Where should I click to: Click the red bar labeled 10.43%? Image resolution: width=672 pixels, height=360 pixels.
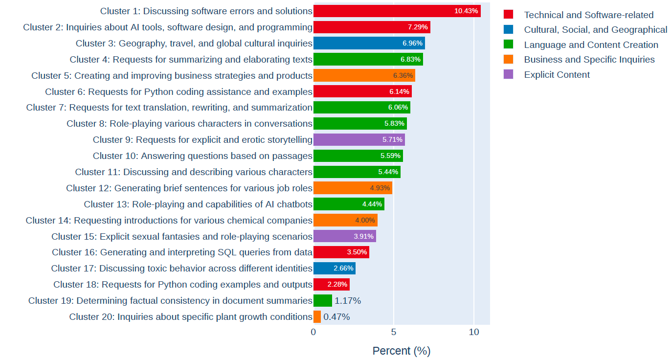[x=397, y=11]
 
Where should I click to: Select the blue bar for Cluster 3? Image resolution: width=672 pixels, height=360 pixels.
[x=369, y=43]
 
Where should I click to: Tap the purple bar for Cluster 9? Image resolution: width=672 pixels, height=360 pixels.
[x=359, y=140]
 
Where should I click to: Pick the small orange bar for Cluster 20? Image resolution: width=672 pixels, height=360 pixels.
[x=317, y=316]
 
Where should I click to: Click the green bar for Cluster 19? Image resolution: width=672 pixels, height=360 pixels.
[x=322, y=300]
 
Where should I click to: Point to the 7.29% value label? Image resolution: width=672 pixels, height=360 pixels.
[x=418, y=27]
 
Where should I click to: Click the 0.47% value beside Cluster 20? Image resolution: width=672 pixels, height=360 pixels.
[x=336, y=316]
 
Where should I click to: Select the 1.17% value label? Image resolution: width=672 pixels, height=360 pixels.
[x=348, y=300]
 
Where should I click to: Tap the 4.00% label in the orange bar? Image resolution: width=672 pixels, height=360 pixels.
[x=365, y=220]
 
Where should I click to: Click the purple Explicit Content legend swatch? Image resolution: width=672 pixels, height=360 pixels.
[x=509, y=74]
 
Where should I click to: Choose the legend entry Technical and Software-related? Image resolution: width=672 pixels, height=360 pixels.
[x=588, y=15]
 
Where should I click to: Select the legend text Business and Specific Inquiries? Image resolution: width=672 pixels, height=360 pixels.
[x=589, y=60]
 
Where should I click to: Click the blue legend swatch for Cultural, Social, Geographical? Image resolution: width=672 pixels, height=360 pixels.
[x=509, y=30]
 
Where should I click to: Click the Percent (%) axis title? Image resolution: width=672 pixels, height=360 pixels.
[x=401, y=351]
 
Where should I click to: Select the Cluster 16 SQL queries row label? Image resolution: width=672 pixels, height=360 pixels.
[x=182, y=252]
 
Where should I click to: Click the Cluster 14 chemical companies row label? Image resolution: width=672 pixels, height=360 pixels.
[x=169, y=220]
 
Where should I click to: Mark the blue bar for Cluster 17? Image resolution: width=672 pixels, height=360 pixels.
[x=334, y=268]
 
